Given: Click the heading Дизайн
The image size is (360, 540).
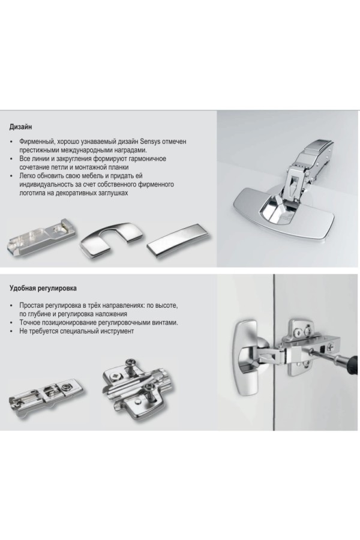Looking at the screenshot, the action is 20,127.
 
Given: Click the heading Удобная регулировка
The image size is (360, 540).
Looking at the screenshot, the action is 43,288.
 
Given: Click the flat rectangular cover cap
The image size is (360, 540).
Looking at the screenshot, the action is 177,241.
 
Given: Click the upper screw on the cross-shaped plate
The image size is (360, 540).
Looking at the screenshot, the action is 131,362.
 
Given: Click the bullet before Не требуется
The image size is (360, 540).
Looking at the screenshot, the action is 11,331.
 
